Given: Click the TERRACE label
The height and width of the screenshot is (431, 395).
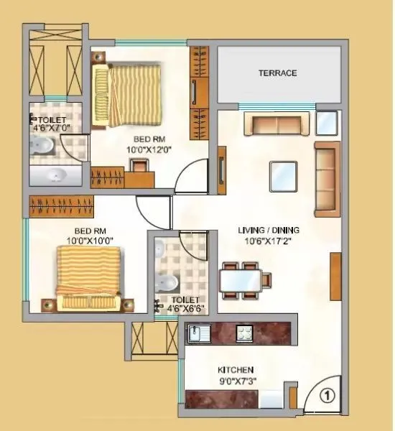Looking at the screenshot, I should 277,73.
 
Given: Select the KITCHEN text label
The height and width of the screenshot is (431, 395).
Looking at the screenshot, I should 236,370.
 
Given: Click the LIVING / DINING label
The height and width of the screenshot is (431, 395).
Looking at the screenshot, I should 269,231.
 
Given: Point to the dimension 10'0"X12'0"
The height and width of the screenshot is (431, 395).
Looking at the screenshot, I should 146,149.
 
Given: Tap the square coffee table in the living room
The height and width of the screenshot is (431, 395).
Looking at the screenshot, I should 282,175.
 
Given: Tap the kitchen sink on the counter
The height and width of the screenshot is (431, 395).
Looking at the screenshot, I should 195,333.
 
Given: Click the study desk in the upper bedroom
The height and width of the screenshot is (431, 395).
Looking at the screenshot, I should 141,167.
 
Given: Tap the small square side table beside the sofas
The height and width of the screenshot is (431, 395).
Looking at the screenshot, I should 327,123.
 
